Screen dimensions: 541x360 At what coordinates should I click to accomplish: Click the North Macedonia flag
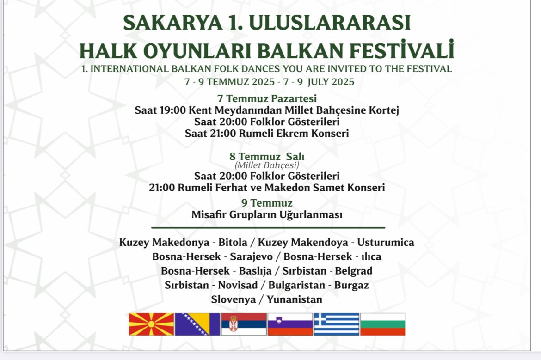151,324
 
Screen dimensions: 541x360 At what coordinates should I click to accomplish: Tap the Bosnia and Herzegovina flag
197,324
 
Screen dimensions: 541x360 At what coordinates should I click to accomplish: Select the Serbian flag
244,324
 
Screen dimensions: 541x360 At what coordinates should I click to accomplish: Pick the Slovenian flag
290,324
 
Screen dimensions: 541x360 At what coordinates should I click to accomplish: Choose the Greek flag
337,324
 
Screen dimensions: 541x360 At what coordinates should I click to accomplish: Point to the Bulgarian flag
383,324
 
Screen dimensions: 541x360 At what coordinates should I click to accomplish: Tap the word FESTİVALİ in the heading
402,51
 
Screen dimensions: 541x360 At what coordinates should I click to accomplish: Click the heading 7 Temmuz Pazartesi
267,98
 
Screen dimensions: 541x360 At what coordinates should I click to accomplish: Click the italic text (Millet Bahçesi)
267,165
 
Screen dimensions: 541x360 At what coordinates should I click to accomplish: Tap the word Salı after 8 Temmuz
295,157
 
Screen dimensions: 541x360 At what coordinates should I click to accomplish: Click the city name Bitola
233,243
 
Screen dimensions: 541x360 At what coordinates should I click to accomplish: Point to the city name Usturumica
386,243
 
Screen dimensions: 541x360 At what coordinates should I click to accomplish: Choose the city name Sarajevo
251,257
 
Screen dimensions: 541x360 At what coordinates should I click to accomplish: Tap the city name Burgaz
351,286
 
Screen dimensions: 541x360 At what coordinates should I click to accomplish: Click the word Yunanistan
294,299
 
